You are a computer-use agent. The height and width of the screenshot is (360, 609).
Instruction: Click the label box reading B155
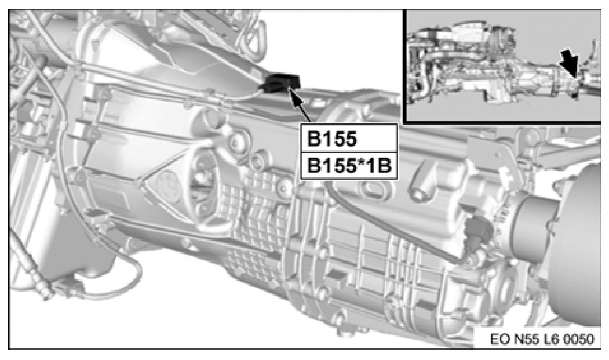[349, 138]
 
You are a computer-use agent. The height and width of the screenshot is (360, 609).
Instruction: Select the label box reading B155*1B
[349, 166]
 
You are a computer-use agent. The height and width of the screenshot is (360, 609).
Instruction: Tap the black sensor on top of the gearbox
[282, 82]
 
